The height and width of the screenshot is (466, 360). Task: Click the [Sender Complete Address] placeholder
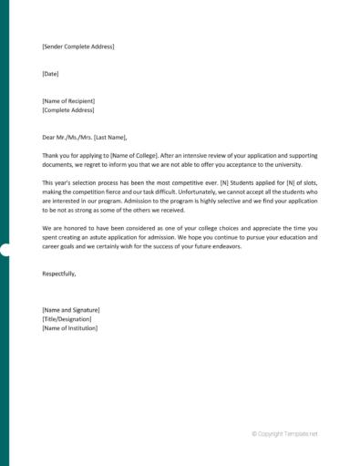tap(78, 46)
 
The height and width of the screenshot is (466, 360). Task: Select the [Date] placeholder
tap(50, 73)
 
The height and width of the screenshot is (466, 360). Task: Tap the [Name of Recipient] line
tap(68, 100)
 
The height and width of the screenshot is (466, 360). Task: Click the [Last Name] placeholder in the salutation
tap(113, 137)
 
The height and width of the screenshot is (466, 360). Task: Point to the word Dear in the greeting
tap(49, 137)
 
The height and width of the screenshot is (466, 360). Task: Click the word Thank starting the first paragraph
tap(52, 155)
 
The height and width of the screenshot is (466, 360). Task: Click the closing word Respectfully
tap(59, 274)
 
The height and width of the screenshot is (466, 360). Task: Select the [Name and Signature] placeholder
tap(71, 310)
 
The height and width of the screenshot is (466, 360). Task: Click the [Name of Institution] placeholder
tap(69, 328)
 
